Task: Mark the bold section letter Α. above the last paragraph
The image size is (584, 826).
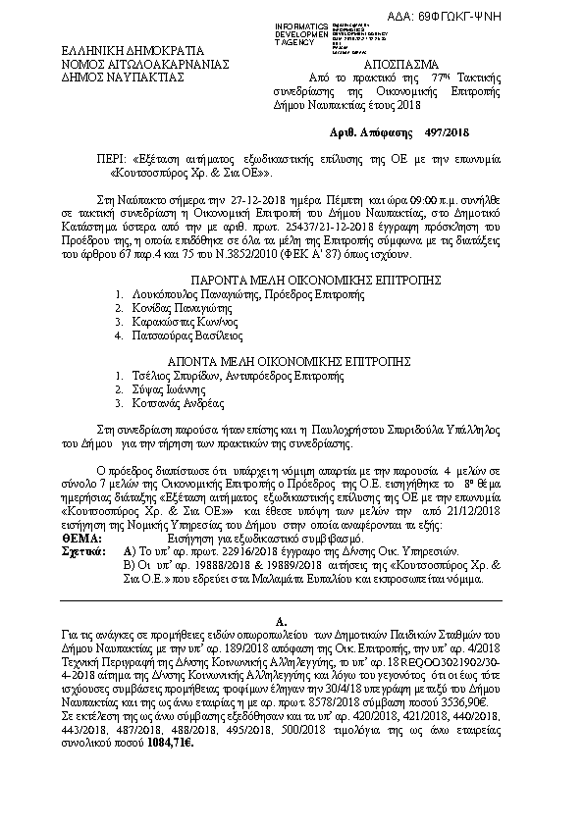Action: (x=281, y=622)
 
